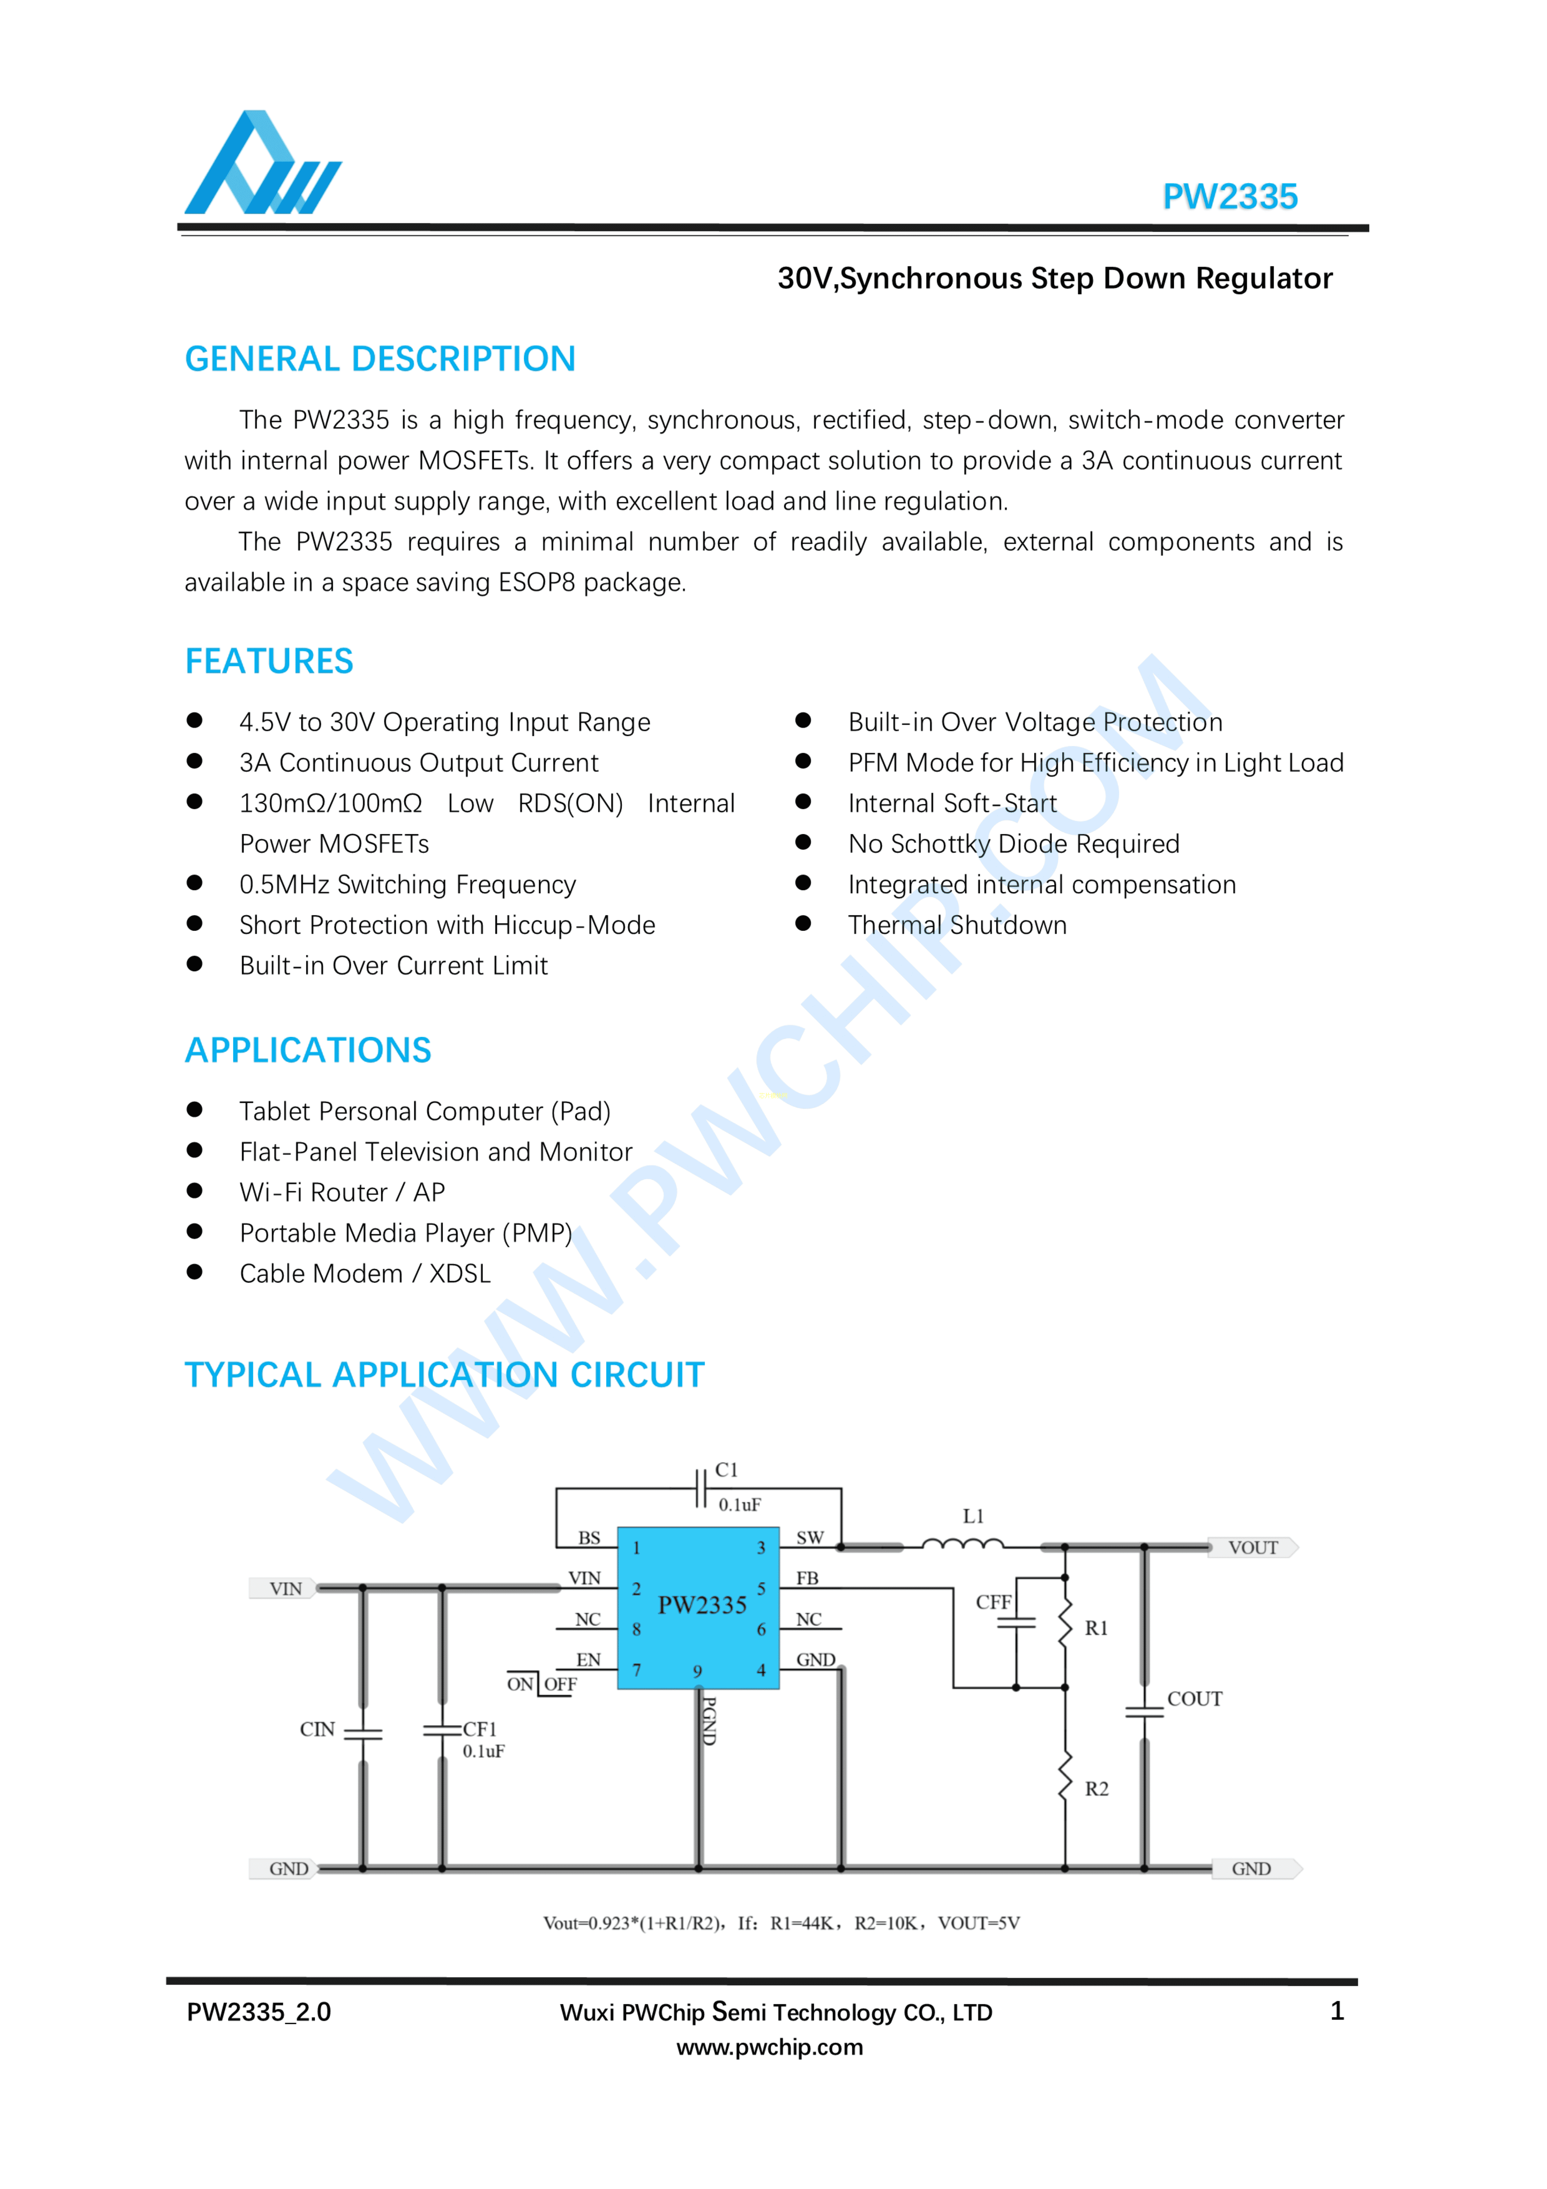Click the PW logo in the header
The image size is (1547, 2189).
262,164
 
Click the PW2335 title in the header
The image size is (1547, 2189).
1230,196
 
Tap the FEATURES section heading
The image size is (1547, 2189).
269,661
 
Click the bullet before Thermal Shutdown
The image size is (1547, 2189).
803,923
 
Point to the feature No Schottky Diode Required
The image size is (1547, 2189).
1013,844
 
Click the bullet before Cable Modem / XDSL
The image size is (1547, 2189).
194,1272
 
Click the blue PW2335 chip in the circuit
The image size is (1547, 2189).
699,1607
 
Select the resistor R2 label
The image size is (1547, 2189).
1097,1789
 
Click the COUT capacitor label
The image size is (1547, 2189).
1194,1699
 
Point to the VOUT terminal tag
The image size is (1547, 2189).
1252,1547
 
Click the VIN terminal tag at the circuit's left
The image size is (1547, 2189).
284,1588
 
